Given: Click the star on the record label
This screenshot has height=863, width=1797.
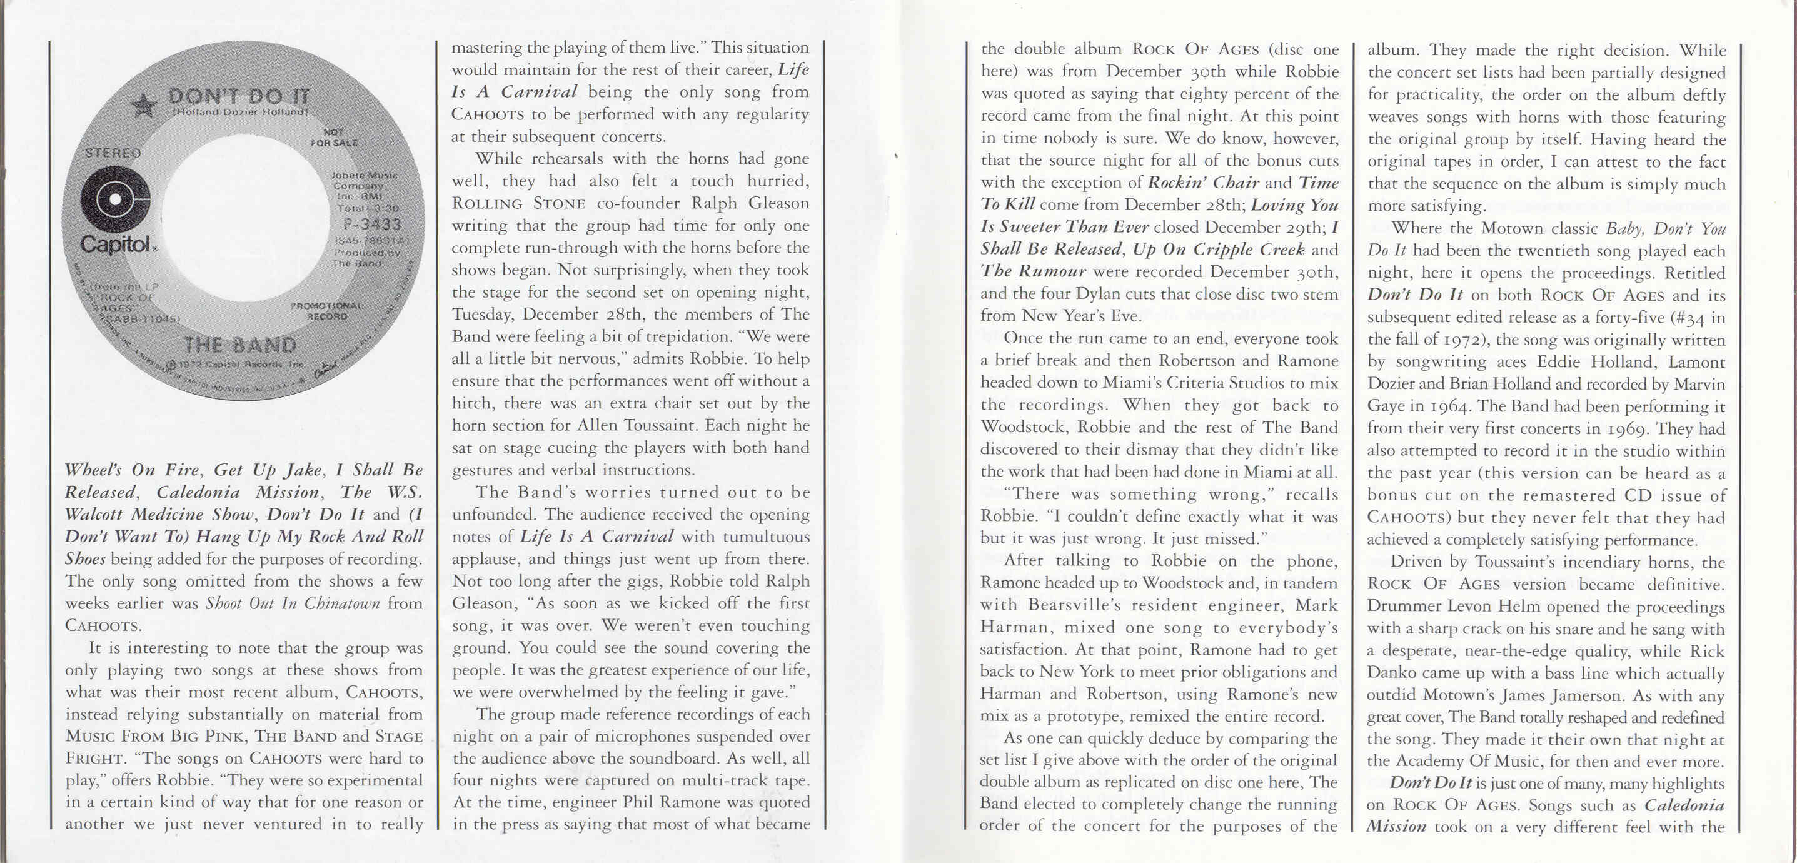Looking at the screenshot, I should pos(144,105).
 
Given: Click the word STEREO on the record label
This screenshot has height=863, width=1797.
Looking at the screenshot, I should pos(113,153).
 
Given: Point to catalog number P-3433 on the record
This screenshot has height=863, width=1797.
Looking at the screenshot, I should pos(372,224).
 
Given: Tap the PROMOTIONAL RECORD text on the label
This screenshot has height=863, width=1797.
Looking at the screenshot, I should pos(326,310).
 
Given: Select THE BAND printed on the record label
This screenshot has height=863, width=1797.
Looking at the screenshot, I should pos(239,345).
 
